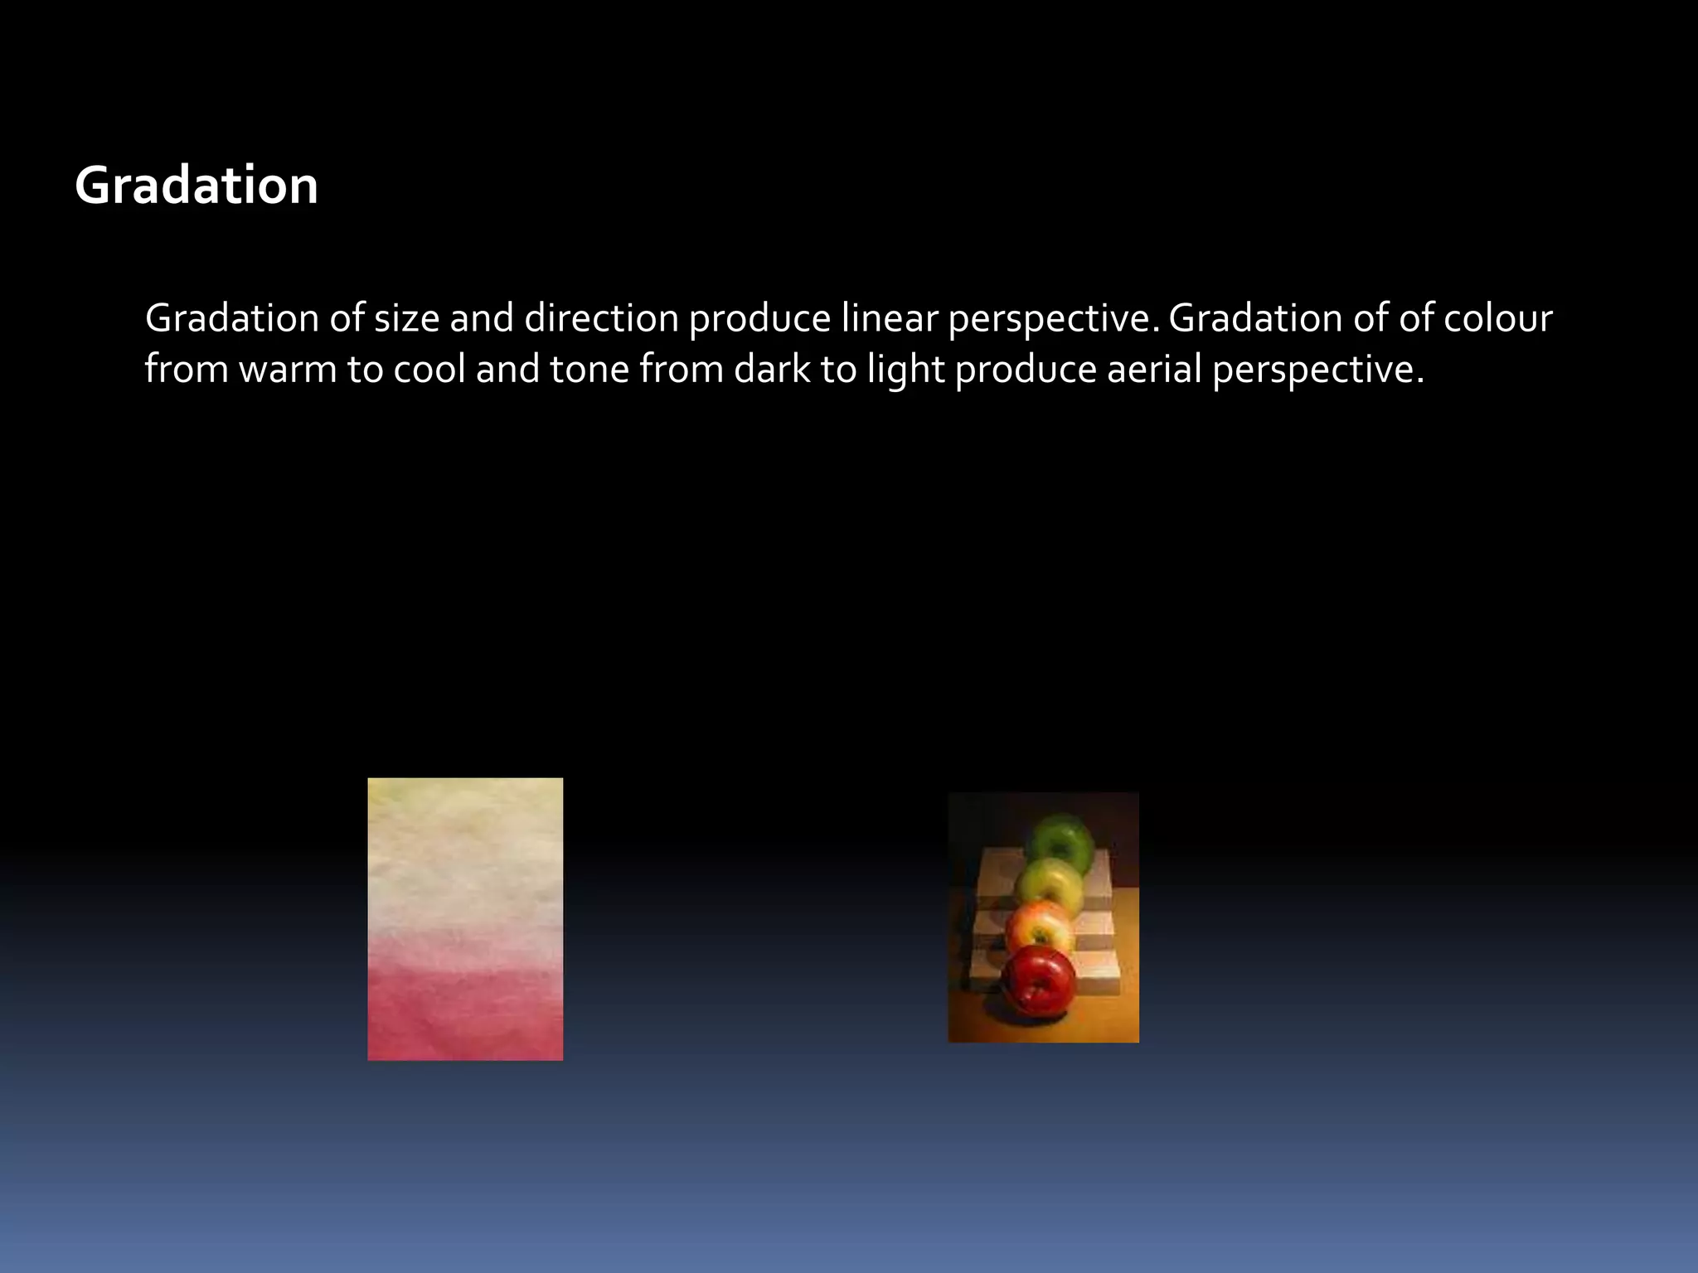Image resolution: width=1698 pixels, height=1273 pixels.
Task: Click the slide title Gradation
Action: tap(196, 185)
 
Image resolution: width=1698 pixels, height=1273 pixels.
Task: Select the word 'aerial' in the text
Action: tap(1153, 369)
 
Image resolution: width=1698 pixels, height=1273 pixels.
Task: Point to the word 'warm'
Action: tap(288, 369)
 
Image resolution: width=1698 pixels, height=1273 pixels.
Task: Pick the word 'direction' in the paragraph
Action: tap(601, 318)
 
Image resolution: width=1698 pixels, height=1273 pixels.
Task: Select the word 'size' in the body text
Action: tap(406, 318)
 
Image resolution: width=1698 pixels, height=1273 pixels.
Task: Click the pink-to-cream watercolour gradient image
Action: tap(465, 918)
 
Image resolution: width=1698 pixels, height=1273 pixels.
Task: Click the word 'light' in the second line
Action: tap(905, 369)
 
